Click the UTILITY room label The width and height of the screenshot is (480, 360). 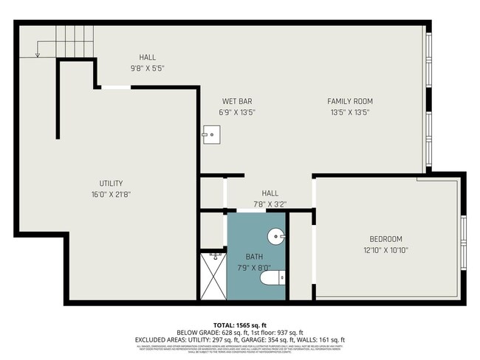pos(111,183)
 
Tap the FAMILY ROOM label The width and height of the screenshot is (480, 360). pos(350,101)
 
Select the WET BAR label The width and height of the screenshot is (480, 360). pos(237,101)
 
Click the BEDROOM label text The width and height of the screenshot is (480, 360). pos(385,239)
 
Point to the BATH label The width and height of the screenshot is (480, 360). pos(254,257)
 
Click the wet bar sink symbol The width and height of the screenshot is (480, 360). pos(211,134)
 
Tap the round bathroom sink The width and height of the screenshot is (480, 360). pos(276,238)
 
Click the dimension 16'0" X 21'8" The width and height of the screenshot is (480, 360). pos(111,195)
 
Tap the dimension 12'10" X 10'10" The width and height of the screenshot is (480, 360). pos(385,250)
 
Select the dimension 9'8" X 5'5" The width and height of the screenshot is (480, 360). pos(147,69)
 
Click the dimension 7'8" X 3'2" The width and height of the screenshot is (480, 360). pos(270,204)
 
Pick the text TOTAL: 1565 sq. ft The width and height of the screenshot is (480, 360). pos(240,325)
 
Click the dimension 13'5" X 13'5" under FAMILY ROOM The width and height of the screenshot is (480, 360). pos(350,113)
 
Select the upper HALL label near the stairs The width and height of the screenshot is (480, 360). pos(147,57)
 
